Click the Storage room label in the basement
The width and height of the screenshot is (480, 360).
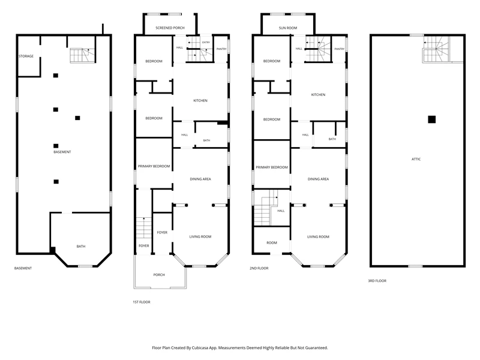pyautogui.click(x=26, y=56)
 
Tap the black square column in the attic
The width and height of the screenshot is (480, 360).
pyautogui.click(x=431, y=119)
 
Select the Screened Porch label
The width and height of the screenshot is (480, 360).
pyautogui.click(x=170, y=28)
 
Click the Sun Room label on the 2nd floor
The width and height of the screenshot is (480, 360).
pyautogui.click(x=288, y=28)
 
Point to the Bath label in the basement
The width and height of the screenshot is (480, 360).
pyautogui.click(x=81, y=246)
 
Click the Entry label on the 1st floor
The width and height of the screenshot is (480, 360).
pyautogui.click(x=206, y=43)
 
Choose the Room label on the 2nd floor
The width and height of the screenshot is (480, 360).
pyautogui.click(x=272, y=243)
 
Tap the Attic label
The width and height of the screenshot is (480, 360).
pyautogui.click(x=416, y=159)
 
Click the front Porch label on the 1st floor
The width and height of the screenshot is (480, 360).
pyautogui.click(x=159, y=275)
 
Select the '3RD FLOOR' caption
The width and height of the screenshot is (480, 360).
pyautogui.click(x=377, y=281)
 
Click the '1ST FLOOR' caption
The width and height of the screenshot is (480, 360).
pyautogui.click(x=142, y=302)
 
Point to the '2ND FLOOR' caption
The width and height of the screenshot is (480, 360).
pyautogui.click(x=259, y=268)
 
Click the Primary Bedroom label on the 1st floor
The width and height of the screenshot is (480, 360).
pyautogui.click(x=154, y=166)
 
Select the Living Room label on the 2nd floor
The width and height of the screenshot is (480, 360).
pyautogui.click(x=318, y=236)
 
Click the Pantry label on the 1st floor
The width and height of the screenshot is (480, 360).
pyautogui.click(x=221, y=49)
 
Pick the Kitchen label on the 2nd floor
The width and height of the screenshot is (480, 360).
pyautogui.click(x=318, y=95)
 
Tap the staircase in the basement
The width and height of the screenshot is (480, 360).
pyautogui.click(x=82, y=55)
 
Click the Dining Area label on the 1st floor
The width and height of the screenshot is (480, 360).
pyautogui.click(x=200, y=179)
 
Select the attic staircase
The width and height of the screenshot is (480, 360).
pyautogui.click(x=437, y=49)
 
